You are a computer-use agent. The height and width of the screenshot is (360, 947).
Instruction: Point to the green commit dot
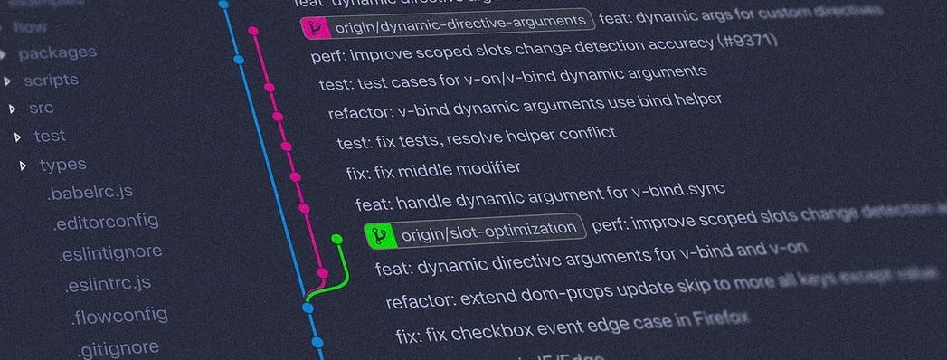336,240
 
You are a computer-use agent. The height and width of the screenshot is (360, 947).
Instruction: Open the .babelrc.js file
90,193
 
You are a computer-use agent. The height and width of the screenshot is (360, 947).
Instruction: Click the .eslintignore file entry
110,252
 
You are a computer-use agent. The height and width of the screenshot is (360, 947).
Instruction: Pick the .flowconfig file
118,317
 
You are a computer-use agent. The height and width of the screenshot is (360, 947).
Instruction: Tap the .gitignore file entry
118,348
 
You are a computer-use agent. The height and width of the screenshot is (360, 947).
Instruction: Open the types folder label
62,165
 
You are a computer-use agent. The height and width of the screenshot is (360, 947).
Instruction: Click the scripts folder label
51,81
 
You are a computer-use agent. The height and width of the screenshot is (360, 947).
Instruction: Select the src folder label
42,109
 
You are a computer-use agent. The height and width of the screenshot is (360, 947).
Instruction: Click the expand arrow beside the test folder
18,137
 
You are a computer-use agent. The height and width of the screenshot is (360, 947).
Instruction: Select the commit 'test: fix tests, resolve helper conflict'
476,138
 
